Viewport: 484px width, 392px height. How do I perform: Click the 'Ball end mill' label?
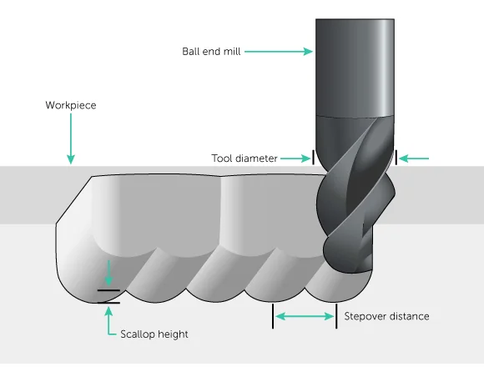point(211,51)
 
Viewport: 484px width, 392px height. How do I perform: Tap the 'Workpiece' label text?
point(71,106)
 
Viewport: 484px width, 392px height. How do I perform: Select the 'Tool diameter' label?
point(245,158)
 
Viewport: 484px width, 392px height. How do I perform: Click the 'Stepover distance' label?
point(386,316)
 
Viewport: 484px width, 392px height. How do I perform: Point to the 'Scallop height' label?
point(154,334)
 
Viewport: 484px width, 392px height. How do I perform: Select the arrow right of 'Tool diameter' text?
point(295,158)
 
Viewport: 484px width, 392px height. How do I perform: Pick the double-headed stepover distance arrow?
point(305,316)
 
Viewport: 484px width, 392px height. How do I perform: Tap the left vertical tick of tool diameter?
point(314,157)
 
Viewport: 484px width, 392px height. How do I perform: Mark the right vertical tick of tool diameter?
point(397,157)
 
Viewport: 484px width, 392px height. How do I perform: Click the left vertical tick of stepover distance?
point(272,316)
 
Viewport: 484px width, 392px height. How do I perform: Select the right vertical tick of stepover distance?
point(336,316)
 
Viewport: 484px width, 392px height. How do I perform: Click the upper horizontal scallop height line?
point(108,290)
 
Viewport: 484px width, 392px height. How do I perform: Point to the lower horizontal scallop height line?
point(108,303)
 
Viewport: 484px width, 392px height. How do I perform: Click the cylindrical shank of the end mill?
point(355,67)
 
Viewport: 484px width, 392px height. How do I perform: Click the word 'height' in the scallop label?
point(173,334)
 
